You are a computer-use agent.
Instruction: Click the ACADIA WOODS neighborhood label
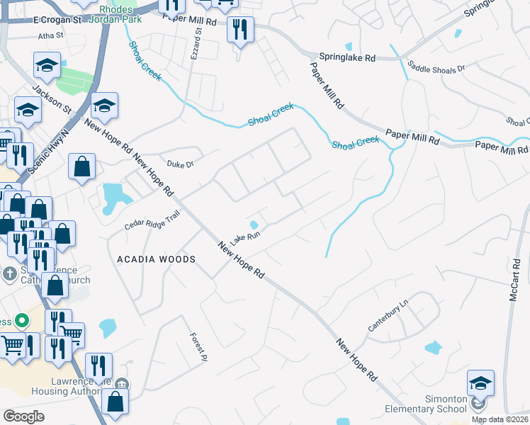pyautogui.click(x=156, y=260)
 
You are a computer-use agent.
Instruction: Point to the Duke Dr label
pyautogui.click(x=180, y=164)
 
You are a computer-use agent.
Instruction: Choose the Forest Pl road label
pyautogui.click(x=198, y=344)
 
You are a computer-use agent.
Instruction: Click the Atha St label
pyautogui.click(x=51, y=34)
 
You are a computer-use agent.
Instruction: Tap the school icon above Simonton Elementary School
pyautogui.click(x=480, y=382)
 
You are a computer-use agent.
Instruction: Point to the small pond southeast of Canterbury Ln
pyautogui.click(x=433, y=348)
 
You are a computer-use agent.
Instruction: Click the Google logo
pyautogui.click(x=23, y=416)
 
